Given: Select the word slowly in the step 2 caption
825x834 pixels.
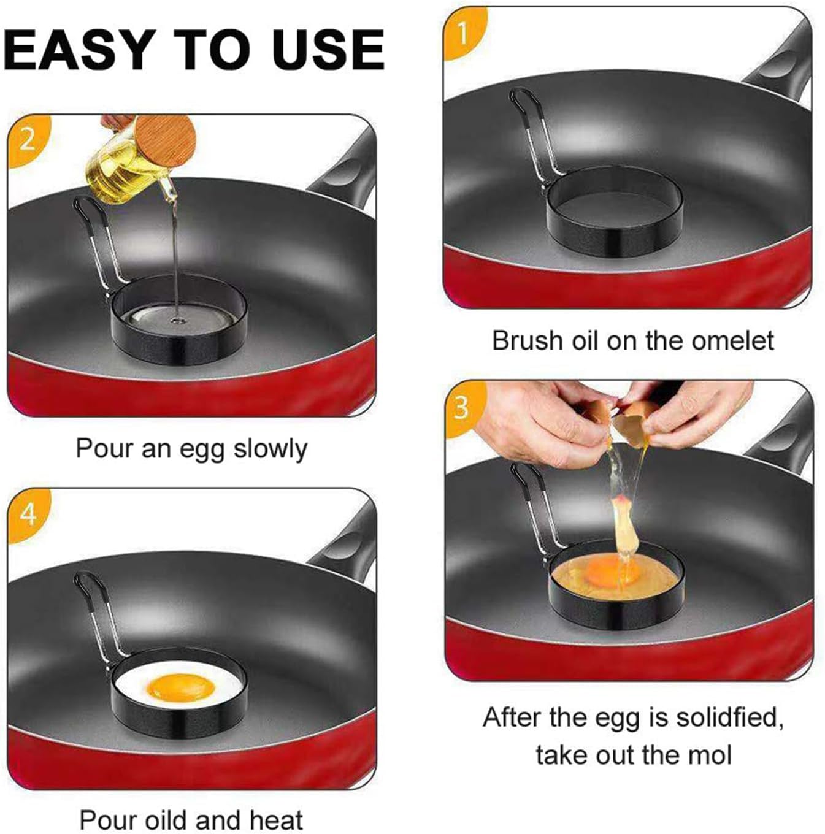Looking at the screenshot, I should click(270, 449).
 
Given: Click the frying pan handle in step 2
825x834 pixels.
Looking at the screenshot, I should click(343, 172).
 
